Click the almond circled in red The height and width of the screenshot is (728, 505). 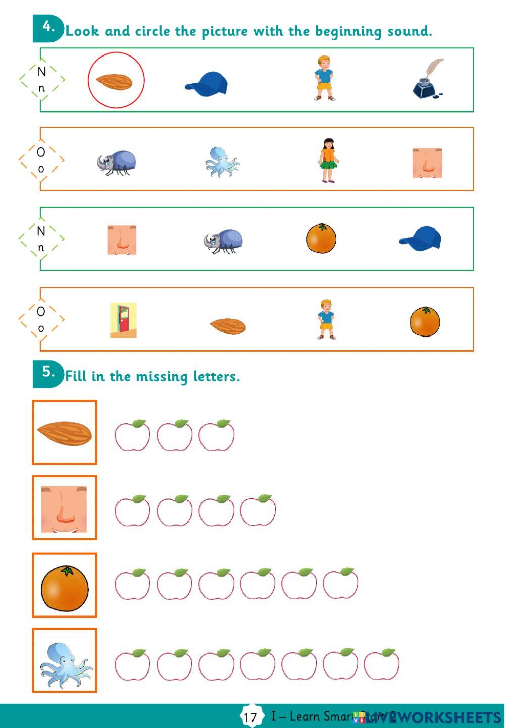click(116, 80)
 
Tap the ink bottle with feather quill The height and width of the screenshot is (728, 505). click(428, 79)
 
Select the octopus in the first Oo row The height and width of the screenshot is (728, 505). click(222, 162)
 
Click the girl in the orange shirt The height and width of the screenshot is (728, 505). click(328, 160)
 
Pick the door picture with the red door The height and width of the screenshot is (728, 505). click(123, 320)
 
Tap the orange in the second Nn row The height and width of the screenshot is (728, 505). click(321, 238)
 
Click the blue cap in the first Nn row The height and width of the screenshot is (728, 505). click(207, 84)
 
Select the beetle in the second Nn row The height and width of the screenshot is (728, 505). click(223, 241)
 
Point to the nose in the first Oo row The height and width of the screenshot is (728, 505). click(427, 162)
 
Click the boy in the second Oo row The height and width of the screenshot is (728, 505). click(326, 319)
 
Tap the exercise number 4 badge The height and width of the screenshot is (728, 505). click(48, 28)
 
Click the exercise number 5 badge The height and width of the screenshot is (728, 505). click(48, 373)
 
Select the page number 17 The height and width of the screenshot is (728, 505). click(250, 717)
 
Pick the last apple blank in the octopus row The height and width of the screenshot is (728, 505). click(381, 664)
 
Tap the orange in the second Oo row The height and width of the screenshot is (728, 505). click(425, 321)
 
